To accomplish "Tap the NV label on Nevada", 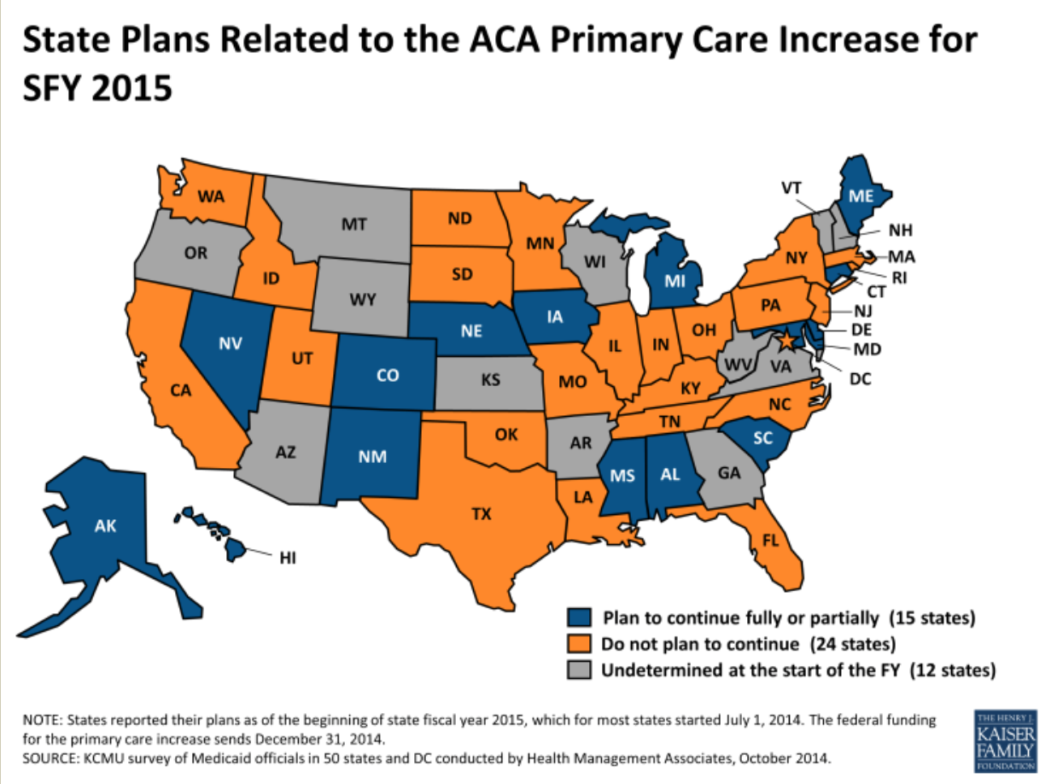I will pos(228,344).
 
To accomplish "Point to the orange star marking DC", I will pos(788,342).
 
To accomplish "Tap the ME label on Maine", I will pos(861,195).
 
